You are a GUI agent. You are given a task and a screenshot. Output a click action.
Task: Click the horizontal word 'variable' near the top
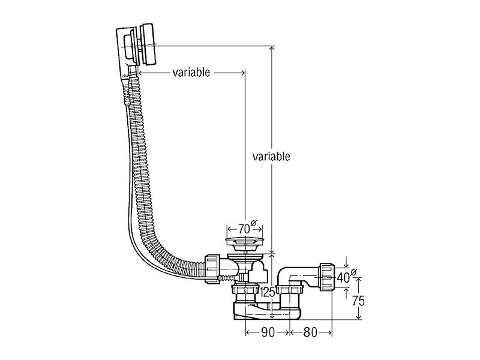coord(191,73)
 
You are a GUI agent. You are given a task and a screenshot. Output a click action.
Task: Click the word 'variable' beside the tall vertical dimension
coord(271,157)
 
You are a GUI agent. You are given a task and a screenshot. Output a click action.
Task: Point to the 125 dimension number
coord(268,292)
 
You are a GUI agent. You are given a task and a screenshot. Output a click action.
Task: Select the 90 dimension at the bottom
coord(268,332)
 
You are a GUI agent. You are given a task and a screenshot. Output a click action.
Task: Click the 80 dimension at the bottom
coord(310,332)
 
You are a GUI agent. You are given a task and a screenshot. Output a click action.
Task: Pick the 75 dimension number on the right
coord(358,301)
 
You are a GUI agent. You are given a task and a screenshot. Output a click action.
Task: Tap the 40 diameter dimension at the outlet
coord(347,277)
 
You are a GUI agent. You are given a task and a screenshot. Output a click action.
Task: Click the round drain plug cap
coord(244,241)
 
